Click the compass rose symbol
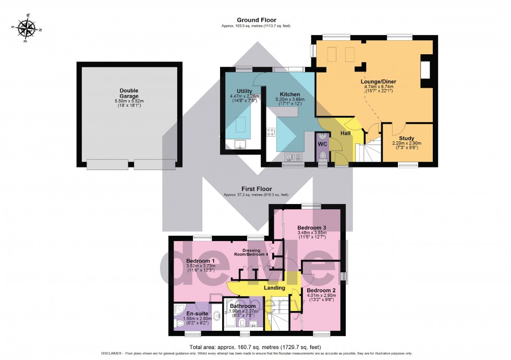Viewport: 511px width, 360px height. [25, 29]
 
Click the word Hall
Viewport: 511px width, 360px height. [345, 134]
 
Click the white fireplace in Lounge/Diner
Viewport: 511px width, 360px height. [425, 71]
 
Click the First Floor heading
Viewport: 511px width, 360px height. [255, 189]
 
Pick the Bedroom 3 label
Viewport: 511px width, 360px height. [312, 228]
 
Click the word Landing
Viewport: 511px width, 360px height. [274, 287]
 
